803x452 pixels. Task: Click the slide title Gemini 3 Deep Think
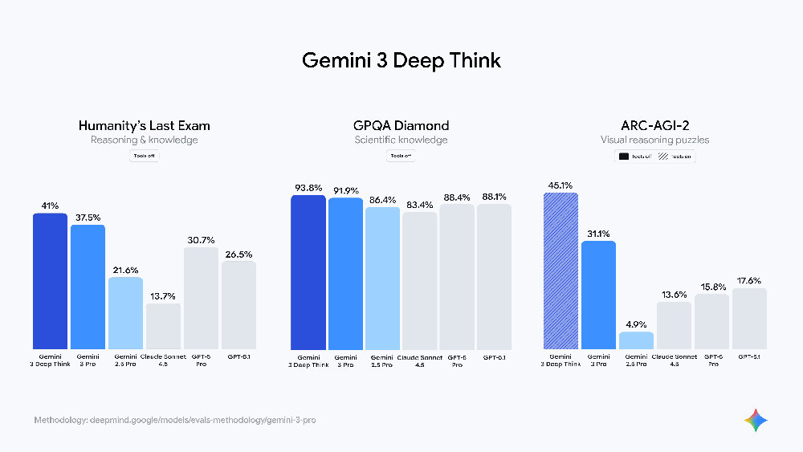[x=401, y=60]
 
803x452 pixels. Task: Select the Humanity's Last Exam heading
[x=144, y=125]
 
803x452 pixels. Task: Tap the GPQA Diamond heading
[x=401, y=125]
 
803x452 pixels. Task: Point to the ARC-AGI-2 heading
[x=656, y=125]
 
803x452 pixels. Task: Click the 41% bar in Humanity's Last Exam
[x=50, y=280]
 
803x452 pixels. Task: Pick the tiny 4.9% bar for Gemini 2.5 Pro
[x=636, y=340]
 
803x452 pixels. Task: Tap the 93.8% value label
[x=308, y=188]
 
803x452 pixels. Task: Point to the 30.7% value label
[x=201, y=240]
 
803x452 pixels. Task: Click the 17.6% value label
[x=749, y=280]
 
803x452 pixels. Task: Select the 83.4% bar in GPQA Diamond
[x=420, y=280]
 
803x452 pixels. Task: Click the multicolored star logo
[x=756, y=420]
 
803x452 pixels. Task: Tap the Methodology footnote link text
[x=174, y=421]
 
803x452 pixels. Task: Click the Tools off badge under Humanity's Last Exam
[x=145, y=156]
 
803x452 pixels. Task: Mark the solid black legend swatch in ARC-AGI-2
[x=623, y=156]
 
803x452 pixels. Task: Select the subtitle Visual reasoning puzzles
[x=656, y=140]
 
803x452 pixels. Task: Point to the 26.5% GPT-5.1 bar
[x=238, y=304]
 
